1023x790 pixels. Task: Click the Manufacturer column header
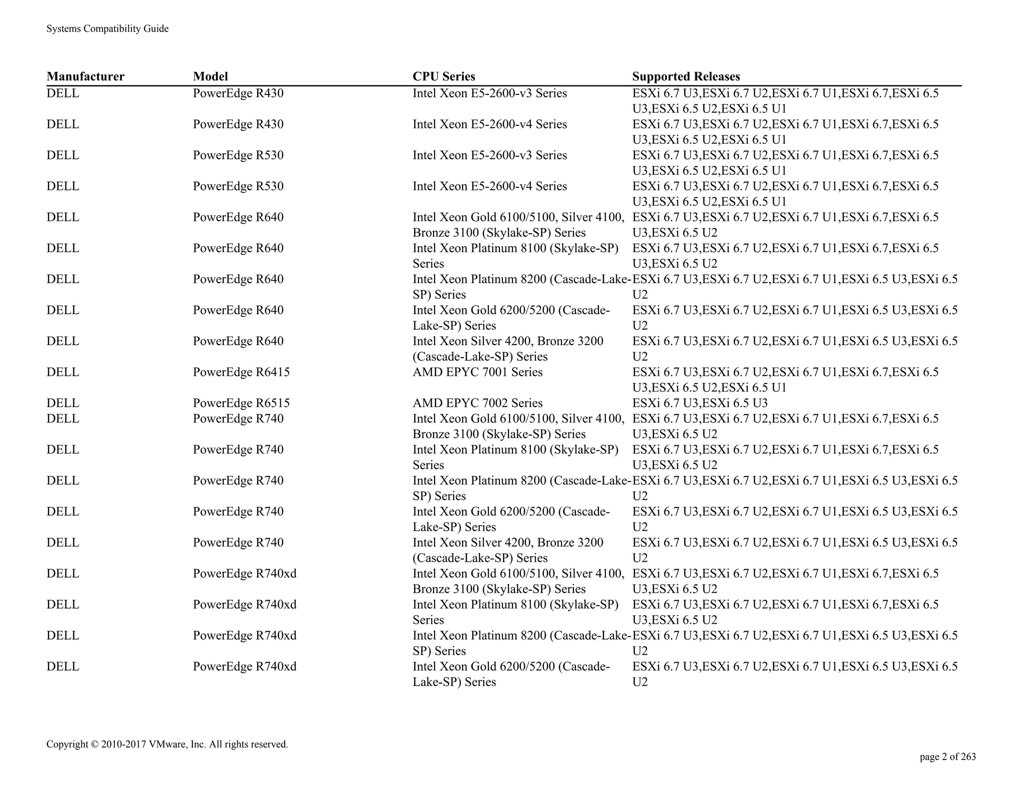(85, 76)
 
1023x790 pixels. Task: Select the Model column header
(210, 76)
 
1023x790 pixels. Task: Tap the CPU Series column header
(444, 76)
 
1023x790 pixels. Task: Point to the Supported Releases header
(686, 76)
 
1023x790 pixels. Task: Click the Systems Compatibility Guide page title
(107, 29)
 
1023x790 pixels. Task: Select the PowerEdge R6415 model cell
(241, 372)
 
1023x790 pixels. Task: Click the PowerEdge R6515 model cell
(241, 403)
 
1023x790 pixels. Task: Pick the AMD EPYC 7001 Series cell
(477, 372)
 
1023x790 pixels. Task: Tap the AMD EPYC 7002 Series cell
(477, 403)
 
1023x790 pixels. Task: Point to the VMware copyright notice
(167, 744)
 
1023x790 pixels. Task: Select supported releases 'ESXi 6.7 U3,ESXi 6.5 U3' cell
(700, 403)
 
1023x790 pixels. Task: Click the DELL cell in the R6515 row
(63, 403)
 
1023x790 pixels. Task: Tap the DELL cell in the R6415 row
(63, 372)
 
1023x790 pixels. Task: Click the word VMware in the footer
(167, 744)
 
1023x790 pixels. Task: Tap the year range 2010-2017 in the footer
(123, 744)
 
